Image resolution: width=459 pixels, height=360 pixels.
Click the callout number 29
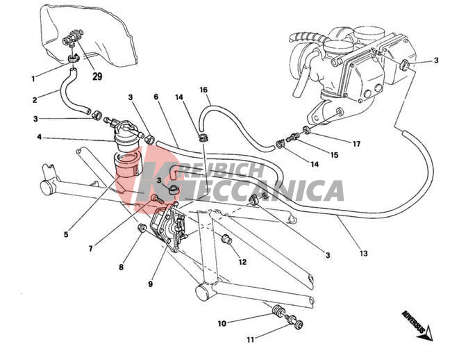97,76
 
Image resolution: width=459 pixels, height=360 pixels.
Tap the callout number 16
203,90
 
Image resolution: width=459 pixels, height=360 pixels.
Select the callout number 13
363,253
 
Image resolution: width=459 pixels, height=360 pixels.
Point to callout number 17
356,144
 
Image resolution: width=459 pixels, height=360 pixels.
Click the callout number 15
334,155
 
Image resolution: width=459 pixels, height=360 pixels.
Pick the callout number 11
250,340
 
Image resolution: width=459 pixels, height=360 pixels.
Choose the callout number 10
222,323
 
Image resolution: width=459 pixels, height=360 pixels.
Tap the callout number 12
242,262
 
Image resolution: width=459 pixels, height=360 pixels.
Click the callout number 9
150,284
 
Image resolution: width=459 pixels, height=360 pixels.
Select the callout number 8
122,267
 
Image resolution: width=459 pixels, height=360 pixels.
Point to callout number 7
91,249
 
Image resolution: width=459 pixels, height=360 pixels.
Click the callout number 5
66,235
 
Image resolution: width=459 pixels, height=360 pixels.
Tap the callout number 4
39,137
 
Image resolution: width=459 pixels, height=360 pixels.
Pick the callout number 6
156,97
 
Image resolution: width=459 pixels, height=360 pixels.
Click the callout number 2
35,100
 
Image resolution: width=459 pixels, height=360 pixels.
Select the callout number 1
33,79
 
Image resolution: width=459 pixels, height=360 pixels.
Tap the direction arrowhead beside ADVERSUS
426,334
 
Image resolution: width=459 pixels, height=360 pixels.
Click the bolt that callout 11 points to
295,321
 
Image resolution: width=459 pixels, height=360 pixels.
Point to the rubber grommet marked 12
226,239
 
